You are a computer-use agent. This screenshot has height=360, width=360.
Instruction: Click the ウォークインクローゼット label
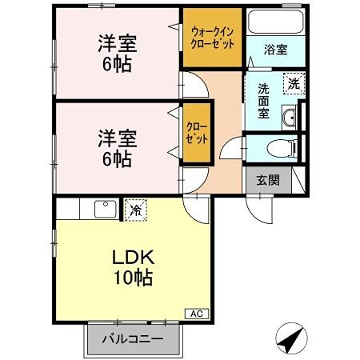pyautogui.click(x=211, y=37)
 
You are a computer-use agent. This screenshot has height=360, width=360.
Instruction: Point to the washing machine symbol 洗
pyautogui.click(x=295, y=82)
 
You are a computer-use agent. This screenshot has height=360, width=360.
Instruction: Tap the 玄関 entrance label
pyautogui.click(x=268, y=181)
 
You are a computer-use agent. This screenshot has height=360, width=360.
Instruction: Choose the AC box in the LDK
pyautogui.click(x=196, y=313)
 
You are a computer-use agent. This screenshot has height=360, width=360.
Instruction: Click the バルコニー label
pyautogui.click(x=133, y=338)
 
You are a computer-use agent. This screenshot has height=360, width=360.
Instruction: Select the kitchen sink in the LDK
pyautogui.click(x=106, y=210)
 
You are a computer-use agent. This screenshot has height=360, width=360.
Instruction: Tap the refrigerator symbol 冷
pyautogui.click(x=137, y=210)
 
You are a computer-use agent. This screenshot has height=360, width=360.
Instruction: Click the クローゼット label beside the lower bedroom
pyautogui.click(x=197, y=131)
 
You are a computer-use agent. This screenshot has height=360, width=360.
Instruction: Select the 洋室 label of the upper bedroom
pyautogui.click(x=117, y=42)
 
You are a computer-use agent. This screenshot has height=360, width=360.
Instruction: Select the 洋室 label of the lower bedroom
pyautogui.click(x=117, y=137)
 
